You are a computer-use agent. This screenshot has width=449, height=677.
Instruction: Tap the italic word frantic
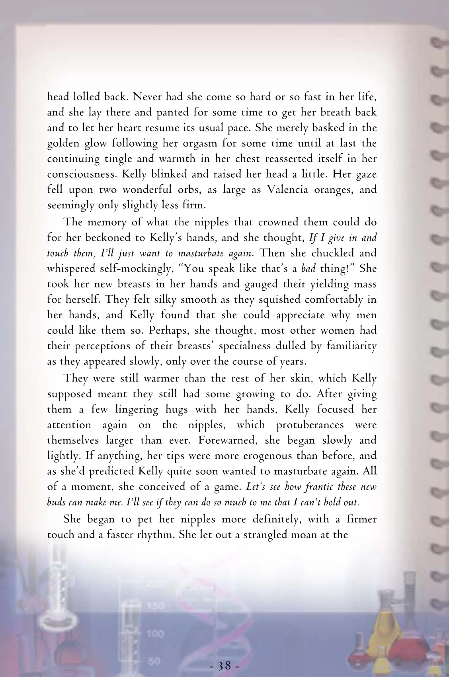coord(298,487)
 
